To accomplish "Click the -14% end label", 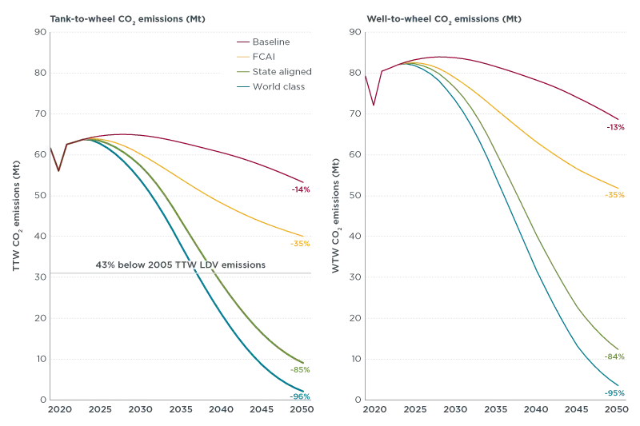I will coord(301,189).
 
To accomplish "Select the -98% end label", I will coord(301,396).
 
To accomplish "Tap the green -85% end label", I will coord(301,369).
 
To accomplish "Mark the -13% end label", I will coord(615,127).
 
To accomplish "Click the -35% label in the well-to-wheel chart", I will coord(615,195).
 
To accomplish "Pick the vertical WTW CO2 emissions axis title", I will coord(337,216).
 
